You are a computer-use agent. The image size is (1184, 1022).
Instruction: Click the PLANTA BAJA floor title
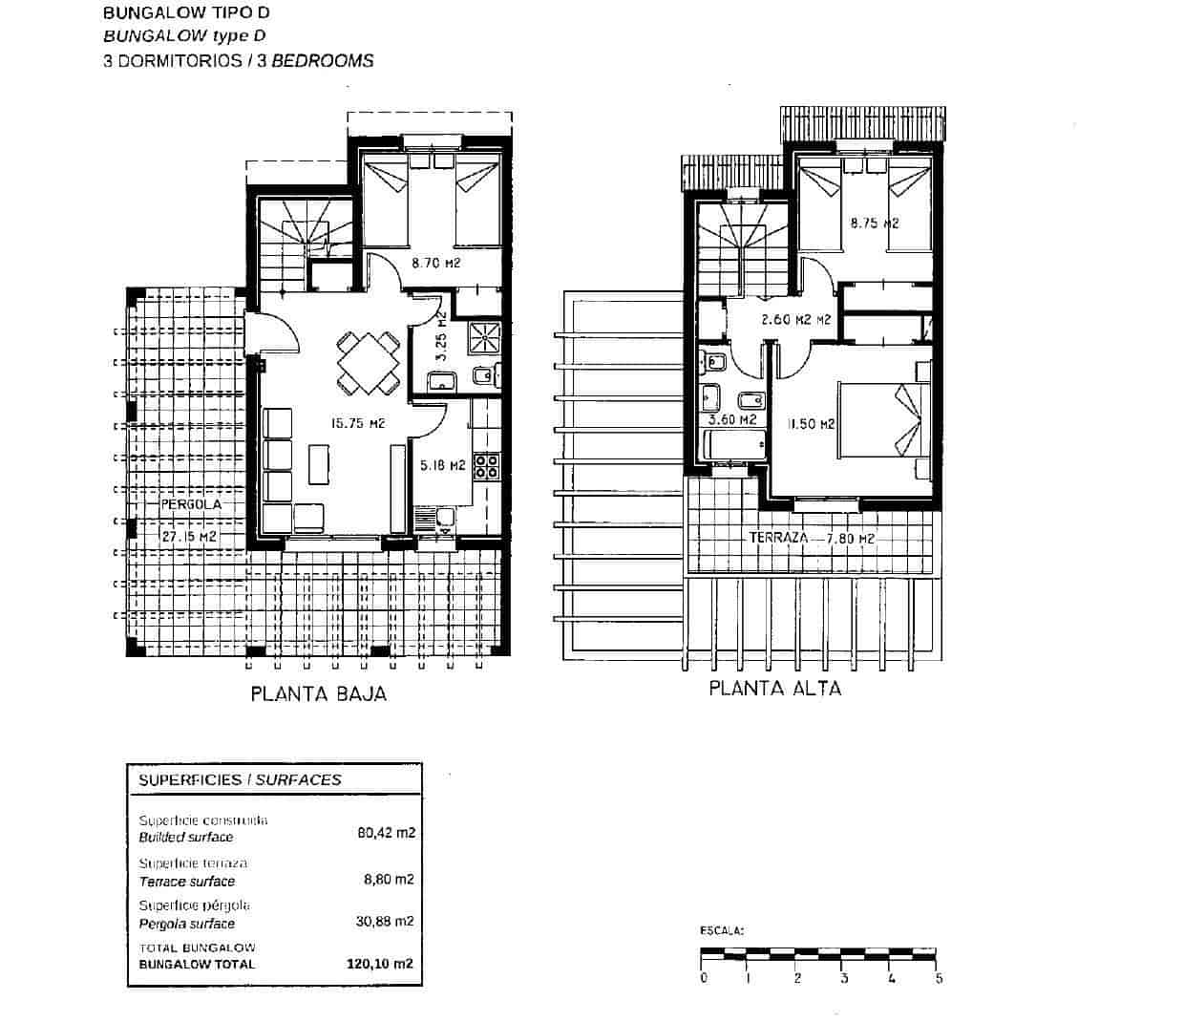coord(319,694)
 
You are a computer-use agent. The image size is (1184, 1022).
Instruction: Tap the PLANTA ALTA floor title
coord(774,688)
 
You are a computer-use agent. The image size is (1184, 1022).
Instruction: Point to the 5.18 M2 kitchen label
coord(442,466)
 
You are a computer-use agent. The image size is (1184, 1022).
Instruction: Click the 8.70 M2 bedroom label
coord(435,263)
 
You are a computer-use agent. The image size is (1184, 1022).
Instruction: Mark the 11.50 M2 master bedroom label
coord(812,424)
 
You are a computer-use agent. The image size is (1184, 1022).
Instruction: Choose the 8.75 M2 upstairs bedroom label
coord(875,224)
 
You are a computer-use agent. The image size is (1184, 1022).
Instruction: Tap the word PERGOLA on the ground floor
coord(191,504)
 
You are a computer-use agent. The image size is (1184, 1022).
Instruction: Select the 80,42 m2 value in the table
coord(386,832)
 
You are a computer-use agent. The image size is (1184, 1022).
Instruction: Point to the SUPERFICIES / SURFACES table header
coord(240,779)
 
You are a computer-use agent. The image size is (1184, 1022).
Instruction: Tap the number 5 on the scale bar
coord(940,978)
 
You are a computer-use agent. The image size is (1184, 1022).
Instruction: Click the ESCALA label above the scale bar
coord(721,929)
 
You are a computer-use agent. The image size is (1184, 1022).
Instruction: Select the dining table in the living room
coord(369,363)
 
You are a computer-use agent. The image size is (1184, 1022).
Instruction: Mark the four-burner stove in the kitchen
coord(486,466)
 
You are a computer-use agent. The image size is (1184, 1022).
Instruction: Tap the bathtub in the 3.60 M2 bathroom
coord(734,445)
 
